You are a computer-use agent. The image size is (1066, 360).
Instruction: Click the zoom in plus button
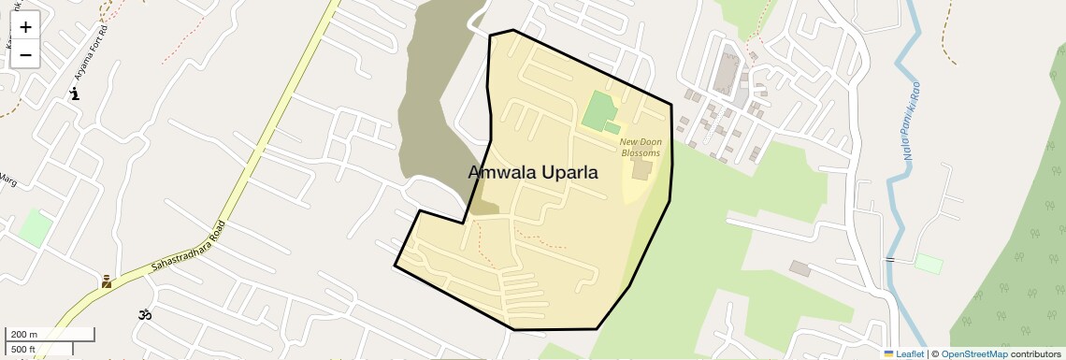[x=25, y=27]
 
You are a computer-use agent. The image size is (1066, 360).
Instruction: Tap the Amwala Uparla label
[x=532, y=173]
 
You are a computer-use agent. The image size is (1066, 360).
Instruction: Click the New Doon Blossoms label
[x=641, y=148]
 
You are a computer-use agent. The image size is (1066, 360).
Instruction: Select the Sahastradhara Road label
[x=187, y=249]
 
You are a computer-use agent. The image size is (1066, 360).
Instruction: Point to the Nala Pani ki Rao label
[x=912, y=120]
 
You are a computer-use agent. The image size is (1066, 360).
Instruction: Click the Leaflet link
[x=904, y=353]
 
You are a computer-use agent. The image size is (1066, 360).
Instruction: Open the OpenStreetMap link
[x=973, y=353]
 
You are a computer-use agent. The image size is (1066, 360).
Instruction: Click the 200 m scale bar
[x=50, y=334]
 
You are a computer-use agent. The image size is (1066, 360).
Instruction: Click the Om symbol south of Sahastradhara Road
[x=145, y=315]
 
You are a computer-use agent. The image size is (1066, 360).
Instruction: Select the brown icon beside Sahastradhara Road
[x=107, y=281]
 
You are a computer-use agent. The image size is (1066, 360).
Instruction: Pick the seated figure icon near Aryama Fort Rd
[x=75, y=94]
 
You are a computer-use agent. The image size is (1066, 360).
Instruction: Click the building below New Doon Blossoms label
[x=641, y=170]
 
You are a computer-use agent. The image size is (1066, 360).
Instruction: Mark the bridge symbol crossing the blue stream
[x=889, y=258]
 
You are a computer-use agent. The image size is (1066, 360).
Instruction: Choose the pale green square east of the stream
[x=928, y=264]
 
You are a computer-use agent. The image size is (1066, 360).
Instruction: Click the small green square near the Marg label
[x=36, y=227]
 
